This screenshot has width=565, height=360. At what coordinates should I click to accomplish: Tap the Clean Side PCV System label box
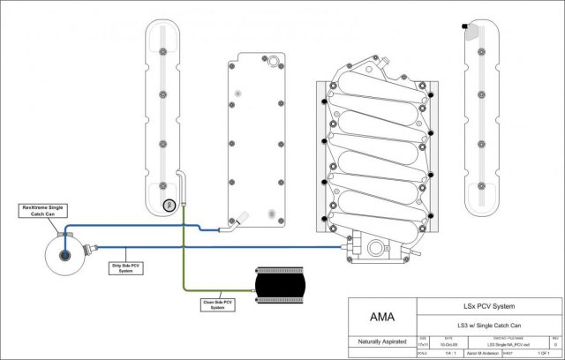pyautogui.click(x=215, y=304)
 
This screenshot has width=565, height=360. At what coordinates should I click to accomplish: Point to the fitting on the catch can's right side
pyautogui.click(x=89, y=248)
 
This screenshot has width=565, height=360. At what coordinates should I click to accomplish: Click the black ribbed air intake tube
pyautogui.click(x=280, y=284)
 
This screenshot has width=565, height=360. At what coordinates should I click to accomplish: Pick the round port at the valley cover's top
pyautogui.click(x=272, y=61)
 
